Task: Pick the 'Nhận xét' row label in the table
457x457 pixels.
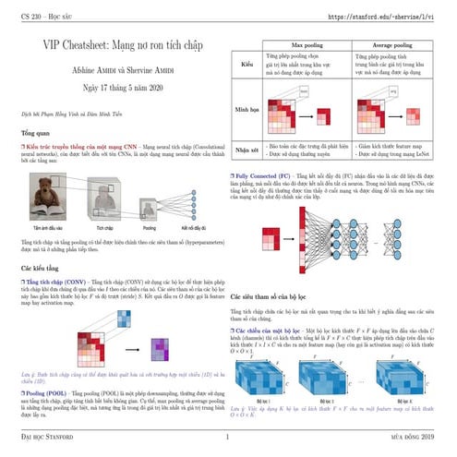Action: (x=247, y=150)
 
